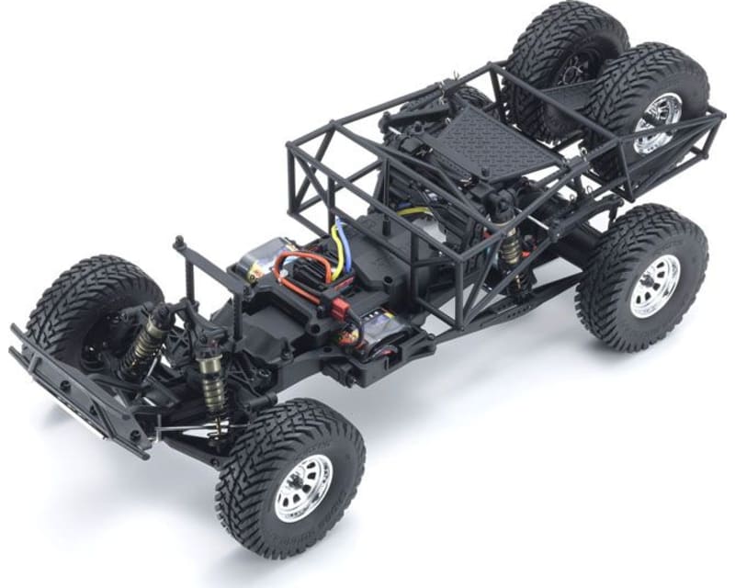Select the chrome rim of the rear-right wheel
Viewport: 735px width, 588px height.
[653, 286]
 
